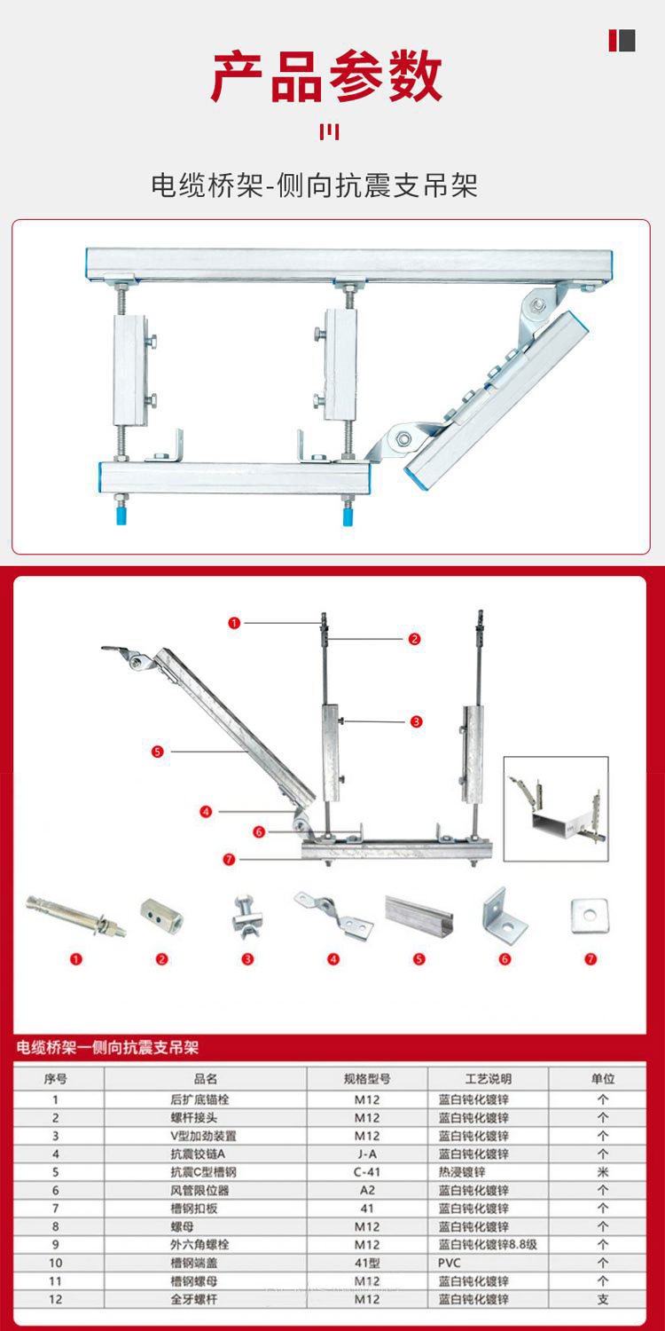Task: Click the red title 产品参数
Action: (x=327, y=76)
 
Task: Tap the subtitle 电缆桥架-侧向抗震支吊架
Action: (x=315, y=185)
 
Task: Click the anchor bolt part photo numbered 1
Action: (x=76, y=916)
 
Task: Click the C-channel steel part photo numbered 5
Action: (x=419, y=912)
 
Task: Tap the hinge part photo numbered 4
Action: (x=333, y=914)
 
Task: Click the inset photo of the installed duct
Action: (x=556, y=808)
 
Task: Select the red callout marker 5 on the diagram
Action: (x=158, y=752)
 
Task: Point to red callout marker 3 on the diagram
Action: (x=416, y=721)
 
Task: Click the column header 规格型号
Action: (x=367, y=1079)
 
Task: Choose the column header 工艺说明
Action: (x=488, y=1079)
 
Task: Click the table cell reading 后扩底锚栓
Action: (x=205, y=1099)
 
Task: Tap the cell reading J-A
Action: (x=367, y=1154)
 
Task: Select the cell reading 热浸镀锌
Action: (x=462, y=1172)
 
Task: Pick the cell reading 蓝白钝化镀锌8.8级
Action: (x=488, y=1245)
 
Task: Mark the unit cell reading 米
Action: (x=603, y=1172)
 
